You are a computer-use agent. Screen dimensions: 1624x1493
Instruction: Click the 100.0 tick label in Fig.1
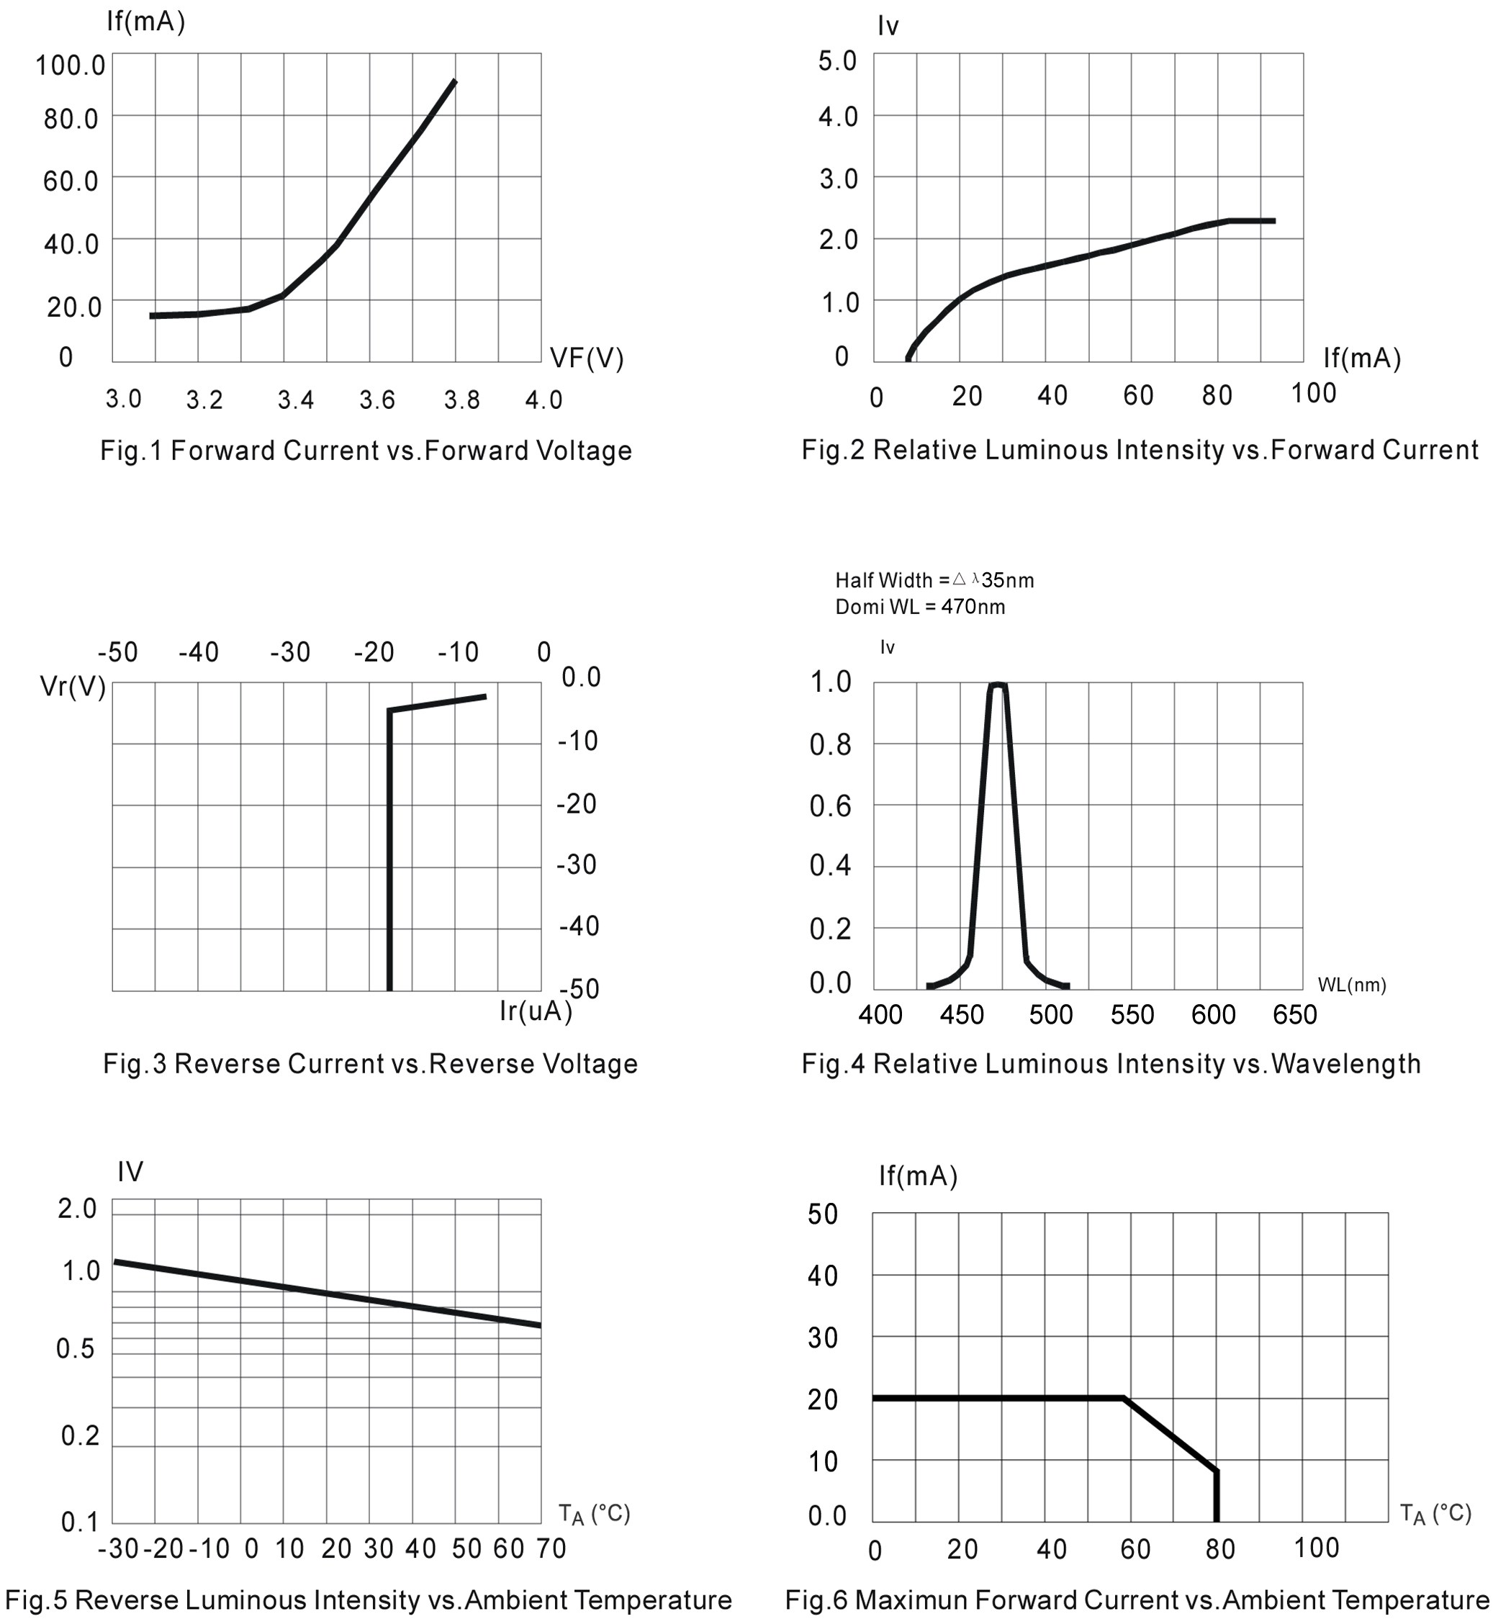tap(71, 66)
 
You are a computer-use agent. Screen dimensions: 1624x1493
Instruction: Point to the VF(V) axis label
tap(587, 358)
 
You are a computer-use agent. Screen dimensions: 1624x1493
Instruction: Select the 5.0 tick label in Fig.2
tap(837, 61)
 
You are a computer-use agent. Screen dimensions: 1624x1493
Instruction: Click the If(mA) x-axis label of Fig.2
tap(1361, 358)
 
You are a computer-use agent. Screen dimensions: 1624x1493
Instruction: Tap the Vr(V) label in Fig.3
tap(73, 687)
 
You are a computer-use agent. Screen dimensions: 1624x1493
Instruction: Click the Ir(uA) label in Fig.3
tap(536, 1011)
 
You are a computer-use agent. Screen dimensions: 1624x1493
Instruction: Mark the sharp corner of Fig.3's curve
tap(390, 711)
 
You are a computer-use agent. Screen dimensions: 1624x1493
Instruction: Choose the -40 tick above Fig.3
tap(199, 652)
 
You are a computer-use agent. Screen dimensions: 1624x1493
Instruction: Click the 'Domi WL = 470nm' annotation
tap(920, 607)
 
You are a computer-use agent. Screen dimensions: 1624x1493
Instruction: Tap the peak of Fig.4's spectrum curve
tap(998, 685)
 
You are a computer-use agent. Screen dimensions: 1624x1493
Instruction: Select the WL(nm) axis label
tap(1352, 985)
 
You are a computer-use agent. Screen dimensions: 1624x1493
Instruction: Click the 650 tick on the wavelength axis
tap(1294, 1015)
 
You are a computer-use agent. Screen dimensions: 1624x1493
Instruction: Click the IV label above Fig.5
tap(130, 1171)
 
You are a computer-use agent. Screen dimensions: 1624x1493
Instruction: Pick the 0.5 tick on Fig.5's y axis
tap(75, 1348)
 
